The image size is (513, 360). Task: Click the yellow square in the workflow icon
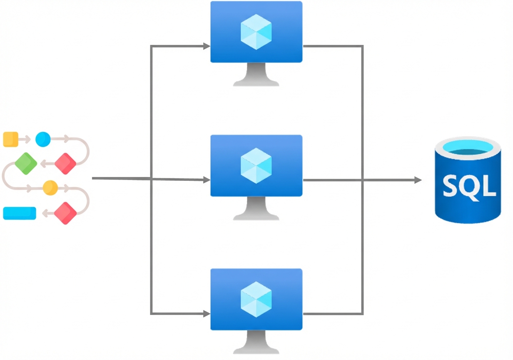tap(10, 139)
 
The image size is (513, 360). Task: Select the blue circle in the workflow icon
tap(42, 139)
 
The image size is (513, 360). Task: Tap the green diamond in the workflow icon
tap(26, 163)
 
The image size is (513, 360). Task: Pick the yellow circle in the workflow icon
tap(50, 188)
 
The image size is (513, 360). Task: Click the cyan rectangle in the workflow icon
tap(20, 213)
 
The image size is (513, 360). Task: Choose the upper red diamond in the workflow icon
tap(65, 163)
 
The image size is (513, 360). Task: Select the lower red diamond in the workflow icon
tap(65, 213)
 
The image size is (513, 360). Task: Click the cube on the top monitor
tap(256, 32)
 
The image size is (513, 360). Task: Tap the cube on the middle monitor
tap(256, 165)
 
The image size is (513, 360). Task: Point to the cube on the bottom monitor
tap(256, 299)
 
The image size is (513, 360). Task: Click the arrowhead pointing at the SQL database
tap(418, 180)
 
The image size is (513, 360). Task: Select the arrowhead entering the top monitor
tap(206, 46)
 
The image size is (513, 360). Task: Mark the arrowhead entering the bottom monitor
tap(206, 314)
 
